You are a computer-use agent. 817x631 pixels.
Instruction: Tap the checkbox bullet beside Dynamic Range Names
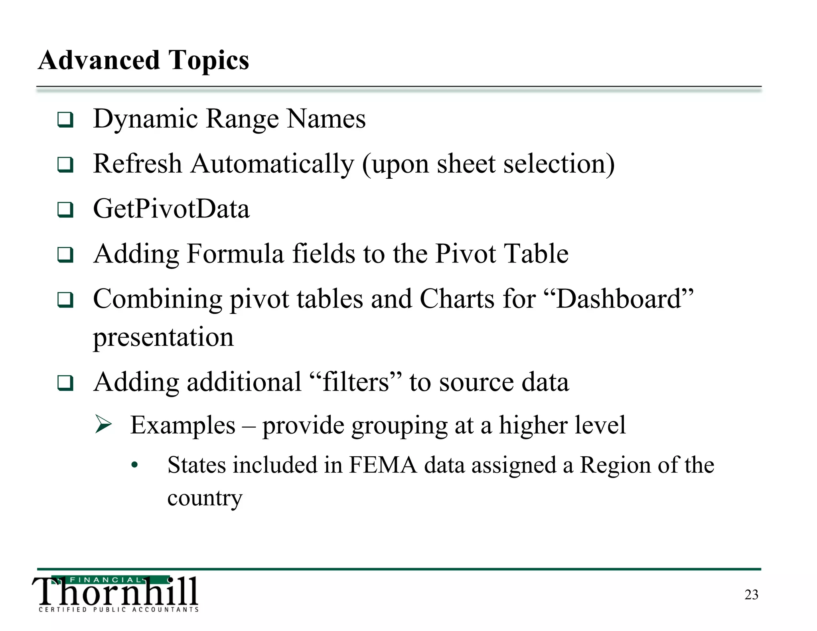click(x=65, y=120)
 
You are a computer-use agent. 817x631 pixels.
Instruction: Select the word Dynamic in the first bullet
click(x=146, y=119)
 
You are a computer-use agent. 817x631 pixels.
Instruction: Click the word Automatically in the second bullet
click(x=272, y=164)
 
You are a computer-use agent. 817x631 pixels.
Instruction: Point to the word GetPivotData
click(x=171, y=209)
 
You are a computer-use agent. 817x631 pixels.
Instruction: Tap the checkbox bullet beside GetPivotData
click(x=65, y=209)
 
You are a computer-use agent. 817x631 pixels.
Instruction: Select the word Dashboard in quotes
click(x=618, y=299)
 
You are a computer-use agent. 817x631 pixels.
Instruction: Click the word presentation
click(x=163, y=337)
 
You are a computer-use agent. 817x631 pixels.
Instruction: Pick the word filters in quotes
click(x=355, y=382)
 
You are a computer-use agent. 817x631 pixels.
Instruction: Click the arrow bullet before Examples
click(x=104, y=424)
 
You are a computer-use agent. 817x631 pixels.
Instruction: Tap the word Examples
click(x=183, y=425)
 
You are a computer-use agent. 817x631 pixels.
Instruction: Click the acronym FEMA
click(x=383, y=465)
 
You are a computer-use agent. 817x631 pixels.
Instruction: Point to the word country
click(x=205, y=498)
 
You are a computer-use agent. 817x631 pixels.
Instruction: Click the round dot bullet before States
click(x=135, y=465)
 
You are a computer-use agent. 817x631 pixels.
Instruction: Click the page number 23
click(x=751, y=595)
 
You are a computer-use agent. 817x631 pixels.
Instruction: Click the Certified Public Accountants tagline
click(x=118, y=609)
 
